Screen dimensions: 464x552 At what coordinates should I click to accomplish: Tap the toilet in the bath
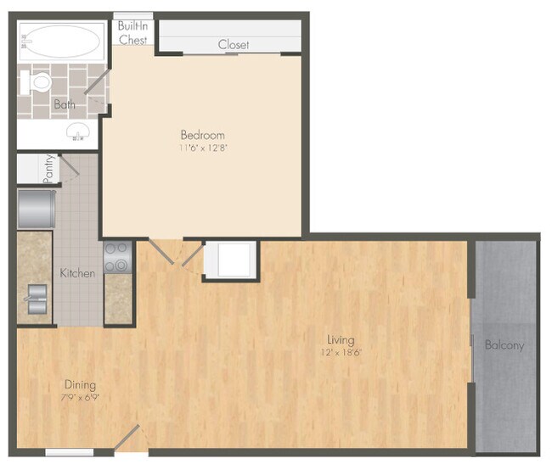[x=38, y=83]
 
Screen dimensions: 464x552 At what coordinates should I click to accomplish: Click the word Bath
[x=64, y=105]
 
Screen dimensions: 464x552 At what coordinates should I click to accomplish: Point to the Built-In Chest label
[x=133, y=32]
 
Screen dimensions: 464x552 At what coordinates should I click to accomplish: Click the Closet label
[x=233, y=44]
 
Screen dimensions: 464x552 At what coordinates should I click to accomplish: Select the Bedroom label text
[x=202, y=135]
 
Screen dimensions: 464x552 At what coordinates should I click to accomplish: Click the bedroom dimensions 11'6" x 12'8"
[x=202, y=148]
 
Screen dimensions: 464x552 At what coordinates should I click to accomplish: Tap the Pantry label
[x=49, y=168]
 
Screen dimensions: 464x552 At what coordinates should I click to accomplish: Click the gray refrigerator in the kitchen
[x=37, y=208]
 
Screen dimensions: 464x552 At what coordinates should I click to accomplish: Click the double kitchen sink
[x=37, y=299]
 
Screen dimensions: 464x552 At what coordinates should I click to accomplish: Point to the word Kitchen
[x=77, y=273]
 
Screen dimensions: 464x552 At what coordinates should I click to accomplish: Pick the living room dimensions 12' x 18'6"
[x=341, y=352]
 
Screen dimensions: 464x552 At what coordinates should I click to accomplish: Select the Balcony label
[x=504, y=345]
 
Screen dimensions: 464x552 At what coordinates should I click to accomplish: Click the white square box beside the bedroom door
[x=230, y=260]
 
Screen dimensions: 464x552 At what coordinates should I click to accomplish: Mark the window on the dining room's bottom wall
[x=69, y=452]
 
